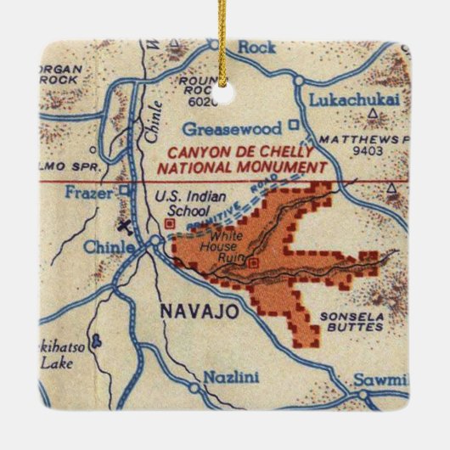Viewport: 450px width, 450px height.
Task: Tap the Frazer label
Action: [x=89, y=192]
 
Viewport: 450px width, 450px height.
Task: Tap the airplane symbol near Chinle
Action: [x=127, y=228]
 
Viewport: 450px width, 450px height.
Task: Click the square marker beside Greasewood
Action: [x=294, y=125]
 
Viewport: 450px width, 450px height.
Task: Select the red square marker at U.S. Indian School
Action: [x=169, y=223]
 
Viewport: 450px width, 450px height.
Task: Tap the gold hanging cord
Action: [x=223, y=42]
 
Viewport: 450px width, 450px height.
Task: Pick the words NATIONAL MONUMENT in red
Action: [x=241, y=166]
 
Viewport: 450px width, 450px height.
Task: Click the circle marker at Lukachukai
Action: [x=299, y=80]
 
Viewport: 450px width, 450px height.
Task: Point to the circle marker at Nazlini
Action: [x=195, y=389]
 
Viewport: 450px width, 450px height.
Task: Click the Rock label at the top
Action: [x=256, y=48]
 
